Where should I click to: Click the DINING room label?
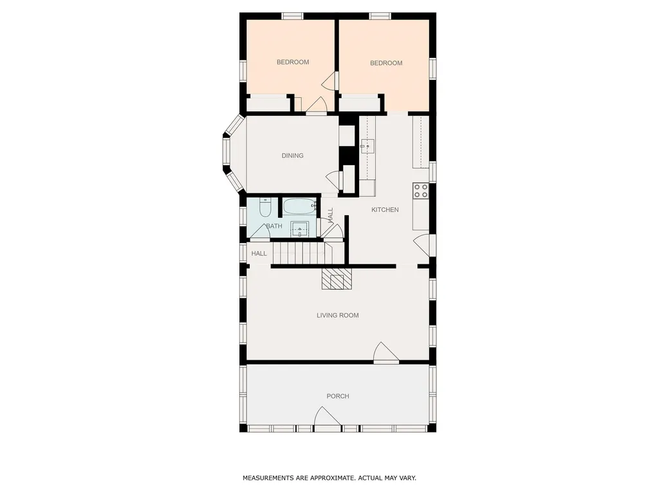tap(293, 156)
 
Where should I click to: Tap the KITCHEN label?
tap(385, 209)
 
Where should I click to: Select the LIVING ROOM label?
tap(338, 315)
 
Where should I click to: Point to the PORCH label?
tap(338, 396)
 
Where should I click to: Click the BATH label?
tap(274, 226)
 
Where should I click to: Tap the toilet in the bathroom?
tap(265, 207)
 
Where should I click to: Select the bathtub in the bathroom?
tap(299, 206)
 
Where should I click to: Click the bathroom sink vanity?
tap(300, 229)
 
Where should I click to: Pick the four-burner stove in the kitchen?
tap(421, 191)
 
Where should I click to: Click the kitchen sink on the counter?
tap(367, 146)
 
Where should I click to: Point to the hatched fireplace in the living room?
tap(337, 278)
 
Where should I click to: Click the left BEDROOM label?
tap(293, 63)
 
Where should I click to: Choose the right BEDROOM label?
tap(386, 63)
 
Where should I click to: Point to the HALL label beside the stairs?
tap(259, 253)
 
